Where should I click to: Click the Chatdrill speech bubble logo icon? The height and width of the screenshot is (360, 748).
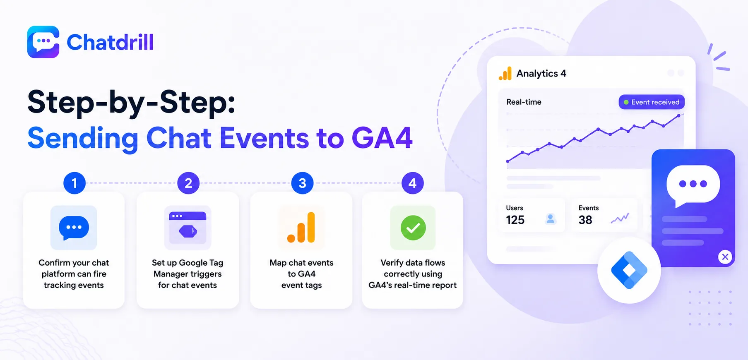coord(43,42)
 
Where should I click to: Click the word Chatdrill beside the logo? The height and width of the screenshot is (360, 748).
coord(110,42)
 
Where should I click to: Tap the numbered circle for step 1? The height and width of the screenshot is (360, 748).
coord(75,183)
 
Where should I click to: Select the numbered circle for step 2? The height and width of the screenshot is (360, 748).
coord(188,183)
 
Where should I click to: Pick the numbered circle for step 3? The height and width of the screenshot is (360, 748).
coord(303,183)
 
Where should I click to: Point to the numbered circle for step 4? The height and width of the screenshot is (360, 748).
coord(413,183)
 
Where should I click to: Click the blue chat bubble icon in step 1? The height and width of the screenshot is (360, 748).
coord(74,228)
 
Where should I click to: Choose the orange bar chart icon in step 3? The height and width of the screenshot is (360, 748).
coord(301,227)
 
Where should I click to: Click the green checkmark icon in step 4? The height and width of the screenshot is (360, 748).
coord(413,228)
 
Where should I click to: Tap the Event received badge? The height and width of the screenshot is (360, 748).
coord(652,102)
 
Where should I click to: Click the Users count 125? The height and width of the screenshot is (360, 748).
coord(515,220)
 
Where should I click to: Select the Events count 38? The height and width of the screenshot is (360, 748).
coord(585,220)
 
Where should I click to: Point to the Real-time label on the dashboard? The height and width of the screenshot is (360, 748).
coord(524,102)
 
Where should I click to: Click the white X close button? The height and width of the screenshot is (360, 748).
coord(725,257)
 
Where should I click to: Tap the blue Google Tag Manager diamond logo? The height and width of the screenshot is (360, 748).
coord(629,270)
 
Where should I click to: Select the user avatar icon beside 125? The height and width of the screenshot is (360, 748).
coord(551,219)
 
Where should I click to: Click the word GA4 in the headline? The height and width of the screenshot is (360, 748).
coord(382,138)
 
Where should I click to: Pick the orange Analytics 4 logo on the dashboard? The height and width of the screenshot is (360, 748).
coord(505,74)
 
